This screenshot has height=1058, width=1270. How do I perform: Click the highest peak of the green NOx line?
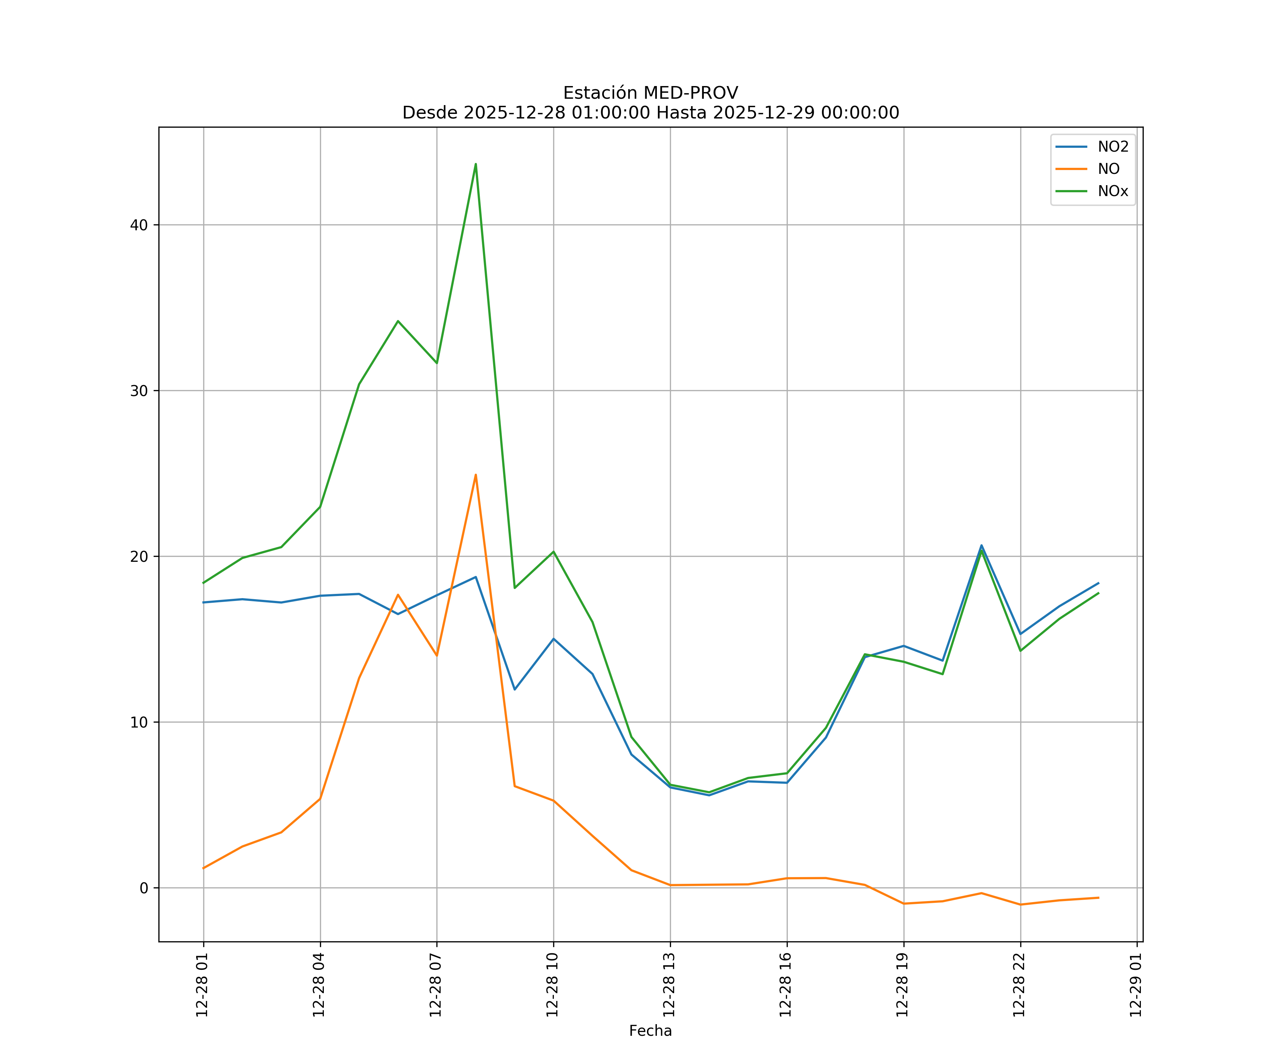(475, 164)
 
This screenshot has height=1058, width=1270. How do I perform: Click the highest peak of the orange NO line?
(475, 475)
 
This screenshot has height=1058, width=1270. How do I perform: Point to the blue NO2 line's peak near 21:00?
(981, 545)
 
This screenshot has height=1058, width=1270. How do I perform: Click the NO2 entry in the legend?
(1113, 147)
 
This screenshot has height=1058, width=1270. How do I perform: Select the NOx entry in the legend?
(1113, 191)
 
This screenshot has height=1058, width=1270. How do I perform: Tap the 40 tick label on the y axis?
(139, 225)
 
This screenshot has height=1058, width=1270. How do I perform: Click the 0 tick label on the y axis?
(143, 888)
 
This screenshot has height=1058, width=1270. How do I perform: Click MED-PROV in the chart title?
(691, 93)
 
